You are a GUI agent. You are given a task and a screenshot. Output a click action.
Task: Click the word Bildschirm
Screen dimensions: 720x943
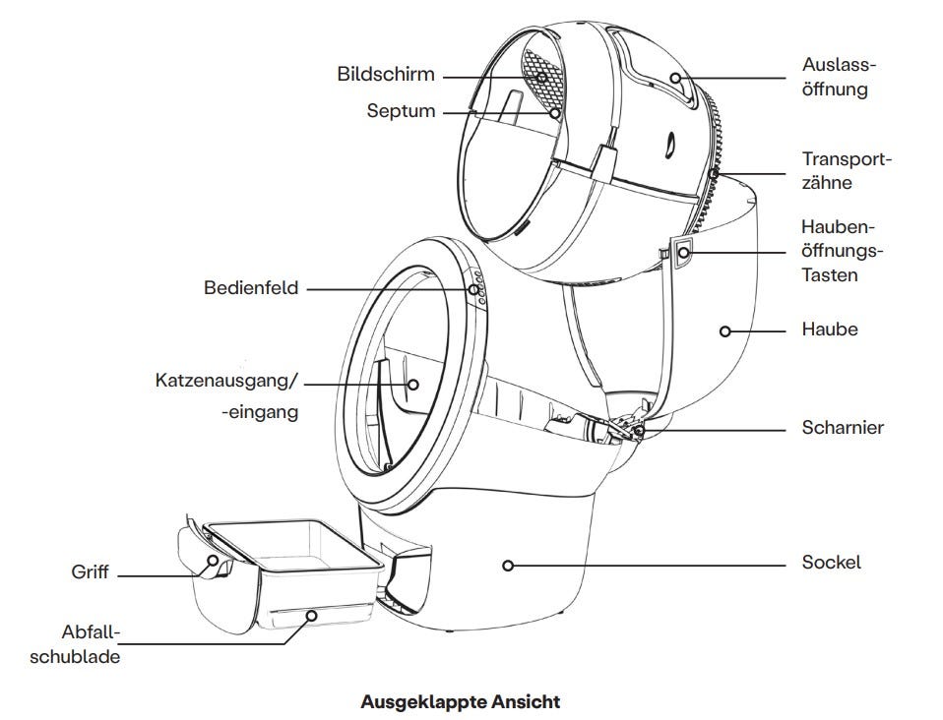(x=385, y=75)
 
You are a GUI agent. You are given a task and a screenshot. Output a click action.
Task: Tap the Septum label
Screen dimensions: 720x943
(x=401, y=111)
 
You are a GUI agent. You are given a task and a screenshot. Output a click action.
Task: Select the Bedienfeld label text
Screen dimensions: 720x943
(x=251, y=288)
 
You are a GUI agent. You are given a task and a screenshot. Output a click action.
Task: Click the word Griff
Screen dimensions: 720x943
(x=90, y=571)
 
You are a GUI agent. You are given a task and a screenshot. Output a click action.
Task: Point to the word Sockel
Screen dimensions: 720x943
(x=831, y=563)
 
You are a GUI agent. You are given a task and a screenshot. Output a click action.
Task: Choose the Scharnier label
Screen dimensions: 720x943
(x=843, y=428)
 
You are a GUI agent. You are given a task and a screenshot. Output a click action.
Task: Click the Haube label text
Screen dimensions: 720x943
(x=830, y=330)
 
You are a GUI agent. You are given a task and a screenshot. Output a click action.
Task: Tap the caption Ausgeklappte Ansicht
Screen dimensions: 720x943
(x=461, y=702)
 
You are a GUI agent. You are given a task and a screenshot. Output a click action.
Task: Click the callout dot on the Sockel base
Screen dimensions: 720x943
(x=508, y=565)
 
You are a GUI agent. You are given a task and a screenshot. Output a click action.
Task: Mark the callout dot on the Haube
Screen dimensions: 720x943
(x=725, y=331)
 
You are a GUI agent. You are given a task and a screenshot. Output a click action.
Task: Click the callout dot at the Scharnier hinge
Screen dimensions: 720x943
(x=640, y=429)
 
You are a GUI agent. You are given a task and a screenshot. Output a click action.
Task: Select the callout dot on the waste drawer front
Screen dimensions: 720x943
(x=310, y=617)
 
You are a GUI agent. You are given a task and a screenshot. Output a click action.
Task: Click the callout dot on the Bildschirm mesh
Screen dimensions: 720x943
(x=539, y=76)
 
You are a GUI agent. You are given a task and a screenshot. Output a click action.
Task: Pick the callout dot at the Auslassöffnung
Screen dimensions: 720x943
(x=676, y=78)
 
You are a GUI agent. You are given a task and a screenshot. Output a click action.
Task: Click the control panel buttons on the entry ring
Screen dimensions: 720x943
(x=477, y=286)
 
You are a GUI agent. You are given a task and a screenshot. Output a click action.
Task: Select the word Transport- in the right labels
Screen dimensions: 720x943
(x=846, y=159)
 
